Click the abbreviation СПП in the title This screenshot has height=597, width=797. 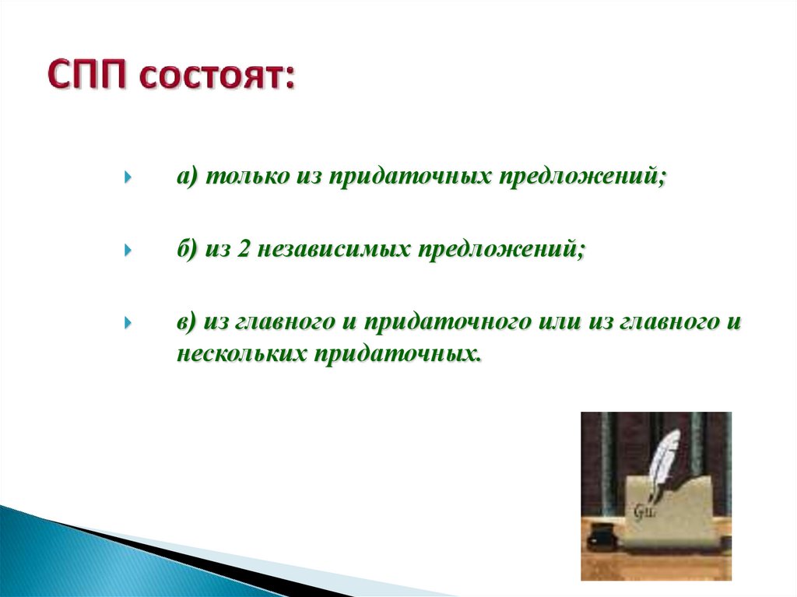(87, 75)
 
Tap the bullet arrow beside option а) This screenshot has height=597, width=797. (128, 177)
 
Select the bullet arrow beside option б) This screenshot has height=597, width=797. (128, 250)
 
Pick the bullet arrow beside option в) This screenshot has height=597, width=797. (128, 323)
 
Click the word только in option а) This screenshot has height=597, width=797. (247, 177)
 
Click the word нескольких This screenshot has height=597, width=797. (242, 353)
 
